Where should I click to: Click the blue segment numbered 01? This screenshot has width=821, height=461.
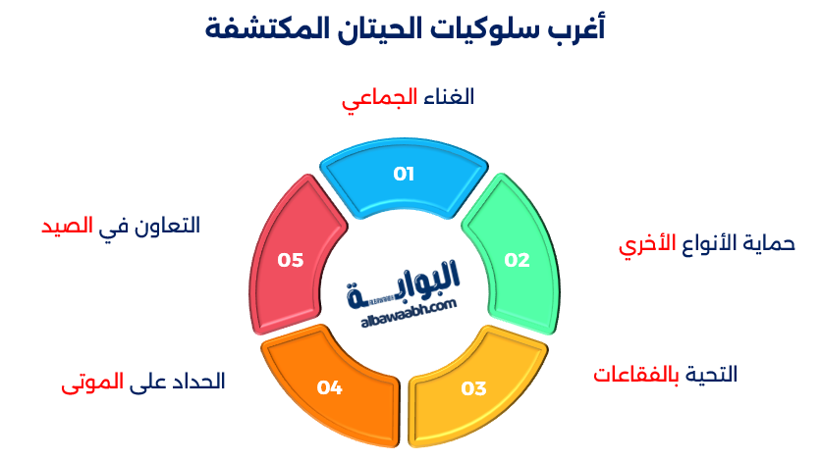point(404,176)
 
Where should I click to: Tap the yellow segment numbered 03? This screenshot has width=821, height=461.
point(476,385)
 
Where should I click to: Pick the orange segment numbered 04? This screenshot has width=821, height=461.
point(329,385)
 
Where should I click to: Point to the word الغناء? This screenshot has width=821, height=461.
point(449,97)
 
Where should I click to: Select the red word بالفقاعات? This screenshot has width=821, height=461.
point(636,375)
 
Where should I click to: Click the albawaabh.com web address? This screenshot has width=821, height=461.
point(403,307)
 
